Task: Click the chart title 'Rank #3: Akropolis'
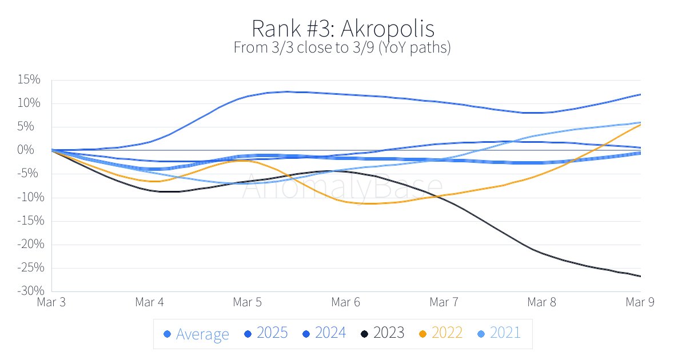point(342,28)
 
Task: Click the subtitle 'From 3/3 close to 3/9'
point(342,47)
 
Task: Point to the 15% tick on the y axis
point(28,80)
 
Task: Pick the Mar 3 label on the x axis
point(51,303)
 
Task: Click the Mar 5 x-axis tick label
point(248,303)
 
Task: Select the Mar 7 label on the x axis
point(444,303)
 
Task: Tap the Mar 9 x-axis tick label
point(640,303)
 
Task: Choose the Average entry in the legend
point(196,334)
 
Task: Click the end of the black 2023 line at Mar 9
point(640,276)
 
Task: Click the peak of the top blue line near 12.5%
point(286,91)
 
